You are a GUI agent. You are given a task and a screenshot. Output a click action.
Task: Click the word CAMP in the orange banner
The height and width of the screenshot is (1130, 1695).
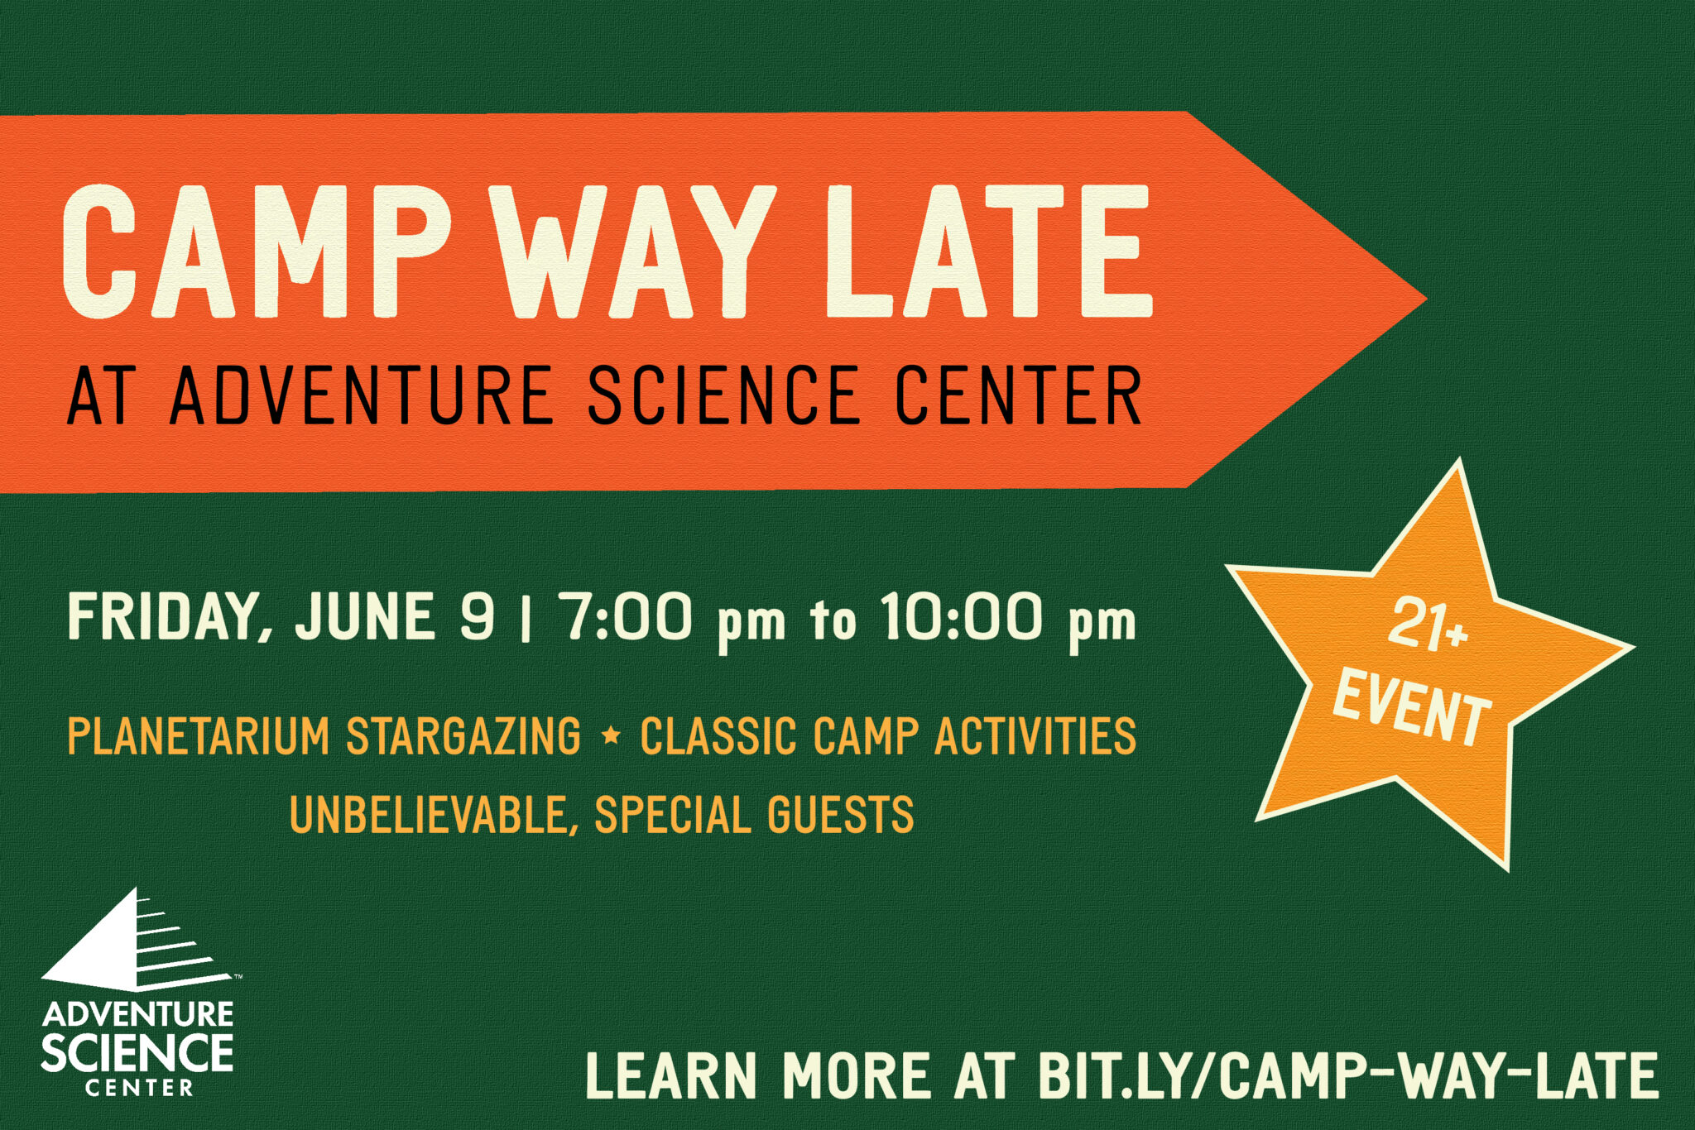(257, 251)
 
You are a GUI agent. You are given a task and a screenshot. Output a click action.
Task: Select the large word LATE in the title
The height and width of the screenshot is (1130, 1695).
(989, 251)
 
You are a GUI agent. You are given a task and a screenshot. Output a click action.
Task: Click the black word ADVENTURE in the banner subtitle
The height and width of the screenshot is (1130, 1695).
(361, 395)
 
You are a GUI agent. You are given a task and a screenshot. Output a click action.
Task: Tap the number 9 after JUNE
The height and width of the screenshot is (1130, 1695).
(478, 616)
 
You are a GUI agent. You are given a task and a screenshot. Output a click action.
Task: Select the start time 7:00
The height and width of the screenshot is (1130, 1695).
(627, 616)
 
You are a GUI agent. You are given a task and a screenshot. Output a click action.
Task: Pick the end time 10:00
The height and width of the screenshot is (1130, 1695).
(960, 616)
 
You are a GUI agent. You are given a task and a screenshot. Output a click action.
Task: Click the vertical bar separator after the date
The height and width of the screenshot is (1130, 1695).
(526, 619)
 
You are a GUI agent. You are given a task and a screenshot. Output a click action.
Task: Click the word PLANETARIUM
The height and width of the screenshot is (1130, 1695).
(199, 736)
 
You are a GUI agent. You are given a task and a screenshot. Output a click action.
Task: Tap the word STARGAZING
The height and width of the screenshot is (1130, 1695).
(463, 736)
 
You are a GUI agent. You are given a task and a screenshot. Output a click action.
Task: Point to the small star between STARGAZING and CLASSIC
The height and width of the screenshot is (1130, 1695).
(612, 734)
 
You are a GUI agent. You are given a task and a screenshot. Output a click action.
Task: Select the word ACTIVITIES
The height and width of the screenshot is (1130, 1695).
(1035, 736)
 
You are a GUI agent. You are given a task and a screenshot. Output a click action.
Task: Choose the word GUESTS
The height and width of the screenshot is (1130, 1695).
(840, 814)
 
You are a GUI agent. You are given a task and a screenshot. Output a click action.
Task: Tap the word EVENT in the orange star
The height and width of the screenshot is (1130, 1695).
(1412, 708)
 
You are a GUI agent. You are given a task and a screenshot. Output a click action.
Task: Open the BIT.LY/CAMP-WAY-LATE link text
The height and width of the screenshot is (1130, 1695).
(1348, 1076)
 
